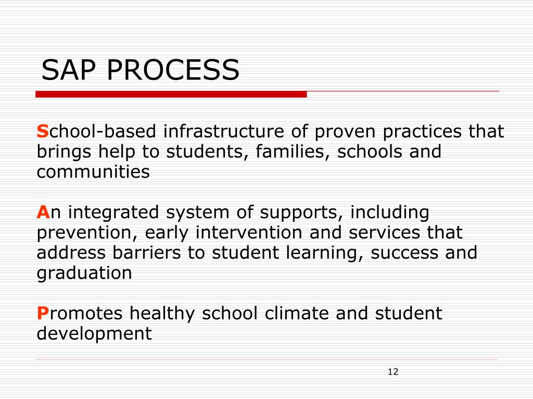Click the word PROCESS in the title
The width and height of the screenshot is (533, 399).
[173, 70]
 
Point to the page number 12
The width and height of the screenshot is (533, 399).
[393, 371]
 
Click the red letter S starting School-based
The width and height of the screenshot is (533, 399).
[42, 132]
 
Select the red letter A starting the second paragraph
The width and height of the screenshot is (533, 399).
[43, 212]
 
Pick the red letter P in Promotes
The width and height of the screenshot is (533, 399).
[42, 314]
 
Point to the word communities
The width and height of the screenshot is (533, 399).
[93, 172]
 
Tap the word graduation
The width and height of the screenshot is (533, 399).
[84, 274]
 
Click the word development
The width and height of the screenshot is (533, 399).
[94, 334]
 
